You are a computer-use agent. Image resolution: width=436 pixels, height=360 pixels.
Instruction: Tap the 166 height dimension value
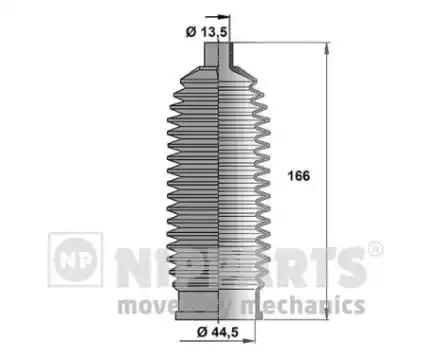(x=297, y=176)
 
